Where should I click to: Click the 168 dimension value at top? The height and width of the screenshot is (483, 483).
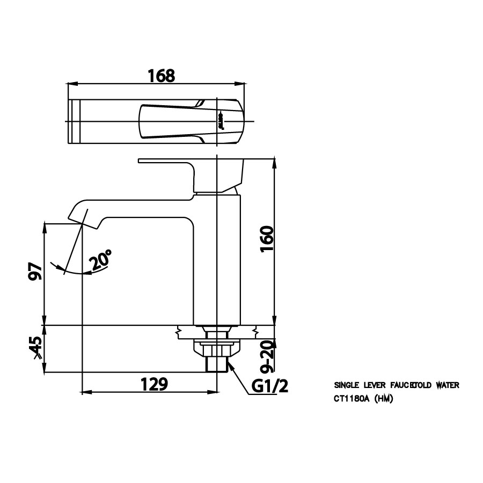click(x=162, y=76)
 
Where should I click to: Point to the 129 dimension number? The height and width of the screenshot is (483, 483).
click(x=155, y=384)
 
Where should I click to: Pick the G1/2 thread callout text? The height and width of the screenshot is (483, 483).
click(x=269, y=386)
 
